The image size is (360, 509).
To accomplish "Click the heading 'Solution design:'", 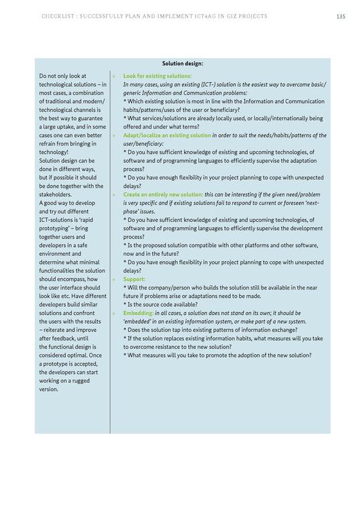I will pos(183,63).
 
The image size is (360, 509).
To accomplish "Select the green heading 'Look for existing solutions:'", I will pos(158,76).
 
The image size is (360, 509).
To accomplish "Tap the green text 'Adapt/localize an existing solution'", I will pos(167,135).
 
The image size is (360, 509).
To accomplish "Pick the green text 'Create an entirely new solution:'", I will pos(163,194).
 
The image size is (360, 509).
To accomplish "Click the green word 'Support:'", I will pos(134,278).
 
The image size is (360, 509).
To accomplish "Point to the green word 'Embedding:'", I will pos(138,313).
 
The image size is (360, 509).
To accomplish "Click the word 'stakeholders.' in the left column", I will pos(55,194).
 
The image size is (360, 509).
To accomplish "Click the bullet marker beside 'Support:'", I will pos(113,279).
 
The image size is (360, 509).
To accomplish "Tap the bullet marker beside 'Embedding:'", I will pos(113,313).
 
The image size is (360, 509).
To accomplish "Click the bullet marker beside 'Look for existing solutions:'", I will pos(113,76).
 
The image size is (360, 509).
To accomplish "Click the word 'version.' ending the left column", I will pos(49,389).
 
